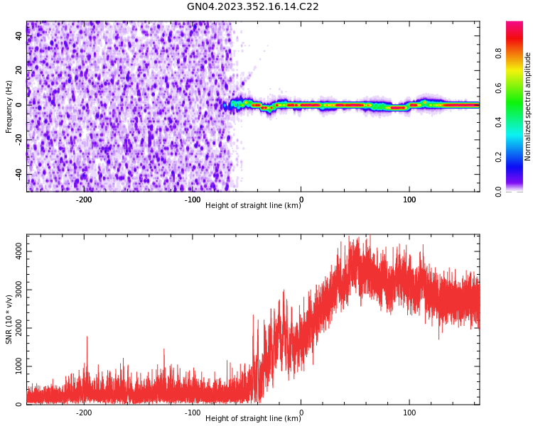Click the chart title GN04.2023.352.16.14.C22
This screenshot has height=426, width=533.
[x=252, y=7]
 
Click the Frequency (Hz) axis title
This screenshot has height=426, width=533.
[x=9, y=106]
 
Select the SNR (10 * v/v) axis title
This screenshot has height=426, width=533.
[x=9, y=319]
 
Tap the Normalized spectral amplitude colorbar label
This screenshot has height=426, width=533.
[x=528, y=106]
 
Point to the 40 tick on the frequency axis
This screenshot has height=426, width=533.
[x=19, y=35]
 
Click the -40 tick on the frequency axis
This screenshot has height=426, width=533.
[x=19, y=174]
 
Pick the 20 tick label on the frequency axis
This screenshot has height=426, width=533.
[x=19, y=70]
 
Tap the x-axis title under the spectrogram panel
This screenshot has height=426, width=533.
[x=253, y=206]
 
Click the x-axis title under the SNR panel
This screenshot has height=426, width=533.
[x=253, y=419]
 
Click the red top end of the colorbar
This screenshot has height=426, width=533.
[x=515, y=25]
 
